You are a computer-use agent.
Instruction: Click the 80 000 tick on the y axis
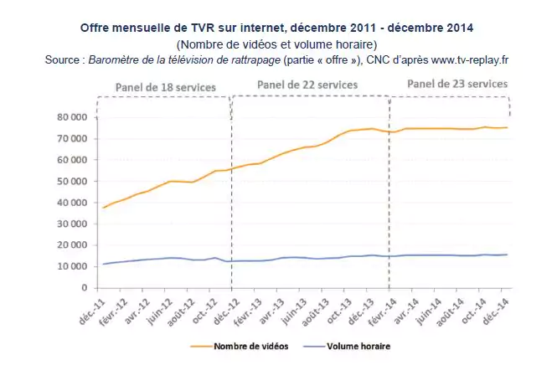[x=72, y=117]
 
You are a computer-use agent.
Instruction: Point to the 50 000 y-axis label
[x=72, y=181]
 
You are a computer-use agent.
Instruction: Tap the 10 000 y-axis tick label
[x=72, y=266]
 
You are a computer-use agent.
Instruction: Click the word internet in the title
[x=261, y=27]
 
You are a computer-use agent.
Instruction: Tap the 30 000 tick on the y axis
[x=72, y=224]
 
